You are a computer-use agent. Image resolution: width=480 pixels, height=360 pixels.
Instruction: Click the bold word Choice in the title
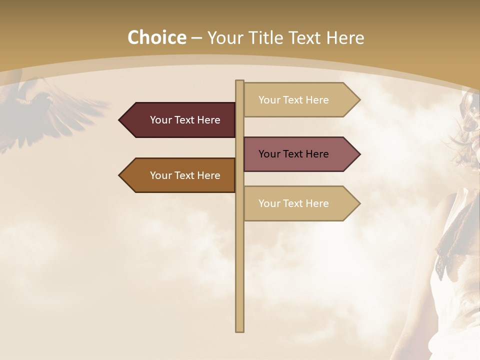[x=156, y=38]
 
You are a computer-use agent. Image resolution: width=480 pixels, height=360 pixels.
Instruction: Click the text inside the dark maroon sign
[x=185, y=120]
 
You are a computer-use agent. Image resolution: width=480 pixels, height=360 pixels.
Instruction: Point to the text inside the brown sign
[x=185, y=175]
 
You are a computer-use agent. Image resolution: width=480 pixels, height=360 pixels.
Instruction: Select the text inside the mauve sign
[x=293, y=154]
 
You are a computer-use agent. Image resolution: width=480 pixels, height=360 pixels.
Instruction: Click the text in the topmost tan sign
[x=293, y=100]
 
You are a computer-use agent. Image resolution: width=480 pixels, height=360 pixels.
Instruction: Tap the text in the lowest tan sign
[x=293, y=203]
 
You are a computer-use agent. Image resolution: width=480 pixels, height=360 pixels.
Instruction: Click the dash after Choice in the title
[x=196, y=38]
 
